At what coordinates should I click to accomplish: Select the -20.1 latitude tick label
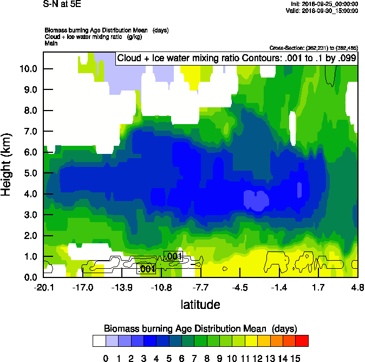tap(43, 287)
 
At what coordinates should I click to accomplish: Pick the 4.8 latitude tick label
tap(357, 287)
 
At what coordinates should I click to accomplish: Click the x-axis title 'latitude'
tap(200, 305)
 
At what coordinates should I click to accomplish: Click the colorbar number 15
tap(296, 358)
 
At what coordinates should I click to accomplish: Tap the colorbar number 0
tap(106, 358)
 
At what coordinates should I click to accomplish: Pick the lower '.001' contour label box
tap(148, 269)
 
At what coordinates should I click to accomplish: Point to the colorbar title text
tap(200, 329)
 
